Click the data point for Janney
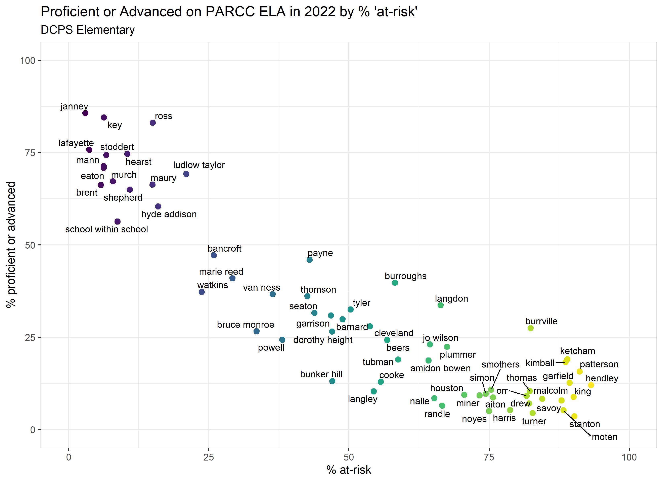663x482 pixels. click(85, 113)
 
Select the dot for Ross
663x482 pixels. click(153, 123)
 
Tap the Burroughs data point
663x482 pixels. click(395, 283)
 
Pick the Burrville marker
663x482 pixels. click(531, 328)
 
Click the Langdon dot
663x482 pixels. click(441, 305)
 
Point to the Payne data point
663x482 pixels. click(310, 259)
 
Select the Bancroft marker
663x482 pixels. click(214, 255)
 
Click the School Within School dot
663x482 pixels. click(118, 222)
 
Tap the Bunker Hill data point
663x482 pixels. click(332, 381)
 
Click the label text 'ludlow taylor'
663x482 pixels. click(199, 165)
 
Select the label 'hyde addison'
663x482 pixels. click(169, 214)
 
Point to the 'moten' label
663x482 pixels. click(605, 437)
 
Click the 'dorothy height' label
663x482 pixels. click(323, 340)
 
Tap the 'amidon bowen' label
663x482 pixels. click(440, 368)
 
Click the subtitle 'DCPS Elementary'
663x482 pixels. click(88, 30)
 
